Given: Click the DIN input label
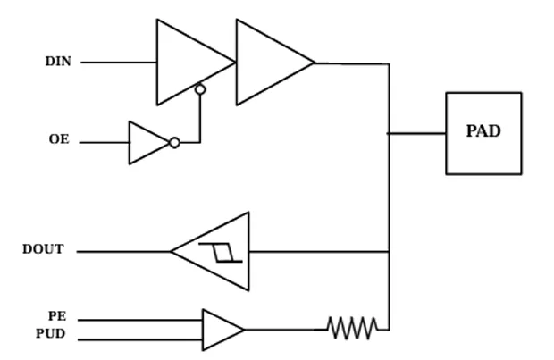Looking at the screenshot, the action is pyautogui.click(x=58, y=61).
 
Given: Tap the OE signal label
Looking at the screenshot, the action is pyautogui.click(x=59, y=139).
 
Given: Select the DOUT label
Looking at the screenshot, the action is pyautogui.click(x=43, y=249).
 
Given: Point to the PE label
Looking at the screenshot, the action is pyautogui.click(x=57, y=316).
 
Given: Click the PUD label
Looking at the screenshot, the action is pyautogui.click(x=51, y=333).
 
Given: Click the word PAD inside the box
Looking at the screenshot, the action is pyautogui.click(x=483, y=131).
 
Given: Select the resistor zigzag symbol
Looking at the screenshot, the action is pyautogui.click(x=353, y=328).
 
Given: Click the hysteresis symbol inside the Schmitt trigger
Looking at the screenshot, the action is pyautogui.click(x=221, y=252).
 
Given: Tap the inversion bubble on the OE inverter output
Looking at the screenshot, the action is pyautogui.click(x=174, y=143).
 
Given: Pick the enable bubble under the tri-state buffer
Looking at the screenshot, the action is pyautogui.click(x=200, y=89).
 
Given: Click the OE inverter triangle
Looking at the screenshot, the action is pyautogui.click(x=149, y=143).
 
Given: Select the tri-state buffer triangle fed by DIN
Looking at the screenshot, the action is pyautogui.click(x=196, y=63).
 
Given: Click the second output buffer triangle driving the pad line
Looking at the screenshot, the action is pyautogui.click(x=275, y=63).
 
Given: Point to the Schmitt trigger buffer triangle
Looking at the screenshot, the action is pyautogui.click(x=211, y=252).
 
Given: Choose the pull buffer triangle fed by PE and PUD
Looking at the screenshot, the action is pyautogui.click(x=223, y=330).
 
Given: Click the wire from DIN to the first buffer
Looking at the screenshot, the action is pyautogui.click(x=119, y=63).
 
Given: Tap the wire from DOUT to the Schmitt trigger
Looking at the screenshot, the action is pyautogui.click(x=123, y=252).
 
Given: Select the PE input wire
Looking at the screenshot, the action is pyautogui.click(x=140, y=321).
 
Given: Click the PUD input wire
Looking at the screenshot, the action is pyautogui.click(x=140, y=339).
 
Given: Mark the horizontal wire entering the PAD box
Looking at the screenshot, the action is pyautogui.click(x=417, y=133).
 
